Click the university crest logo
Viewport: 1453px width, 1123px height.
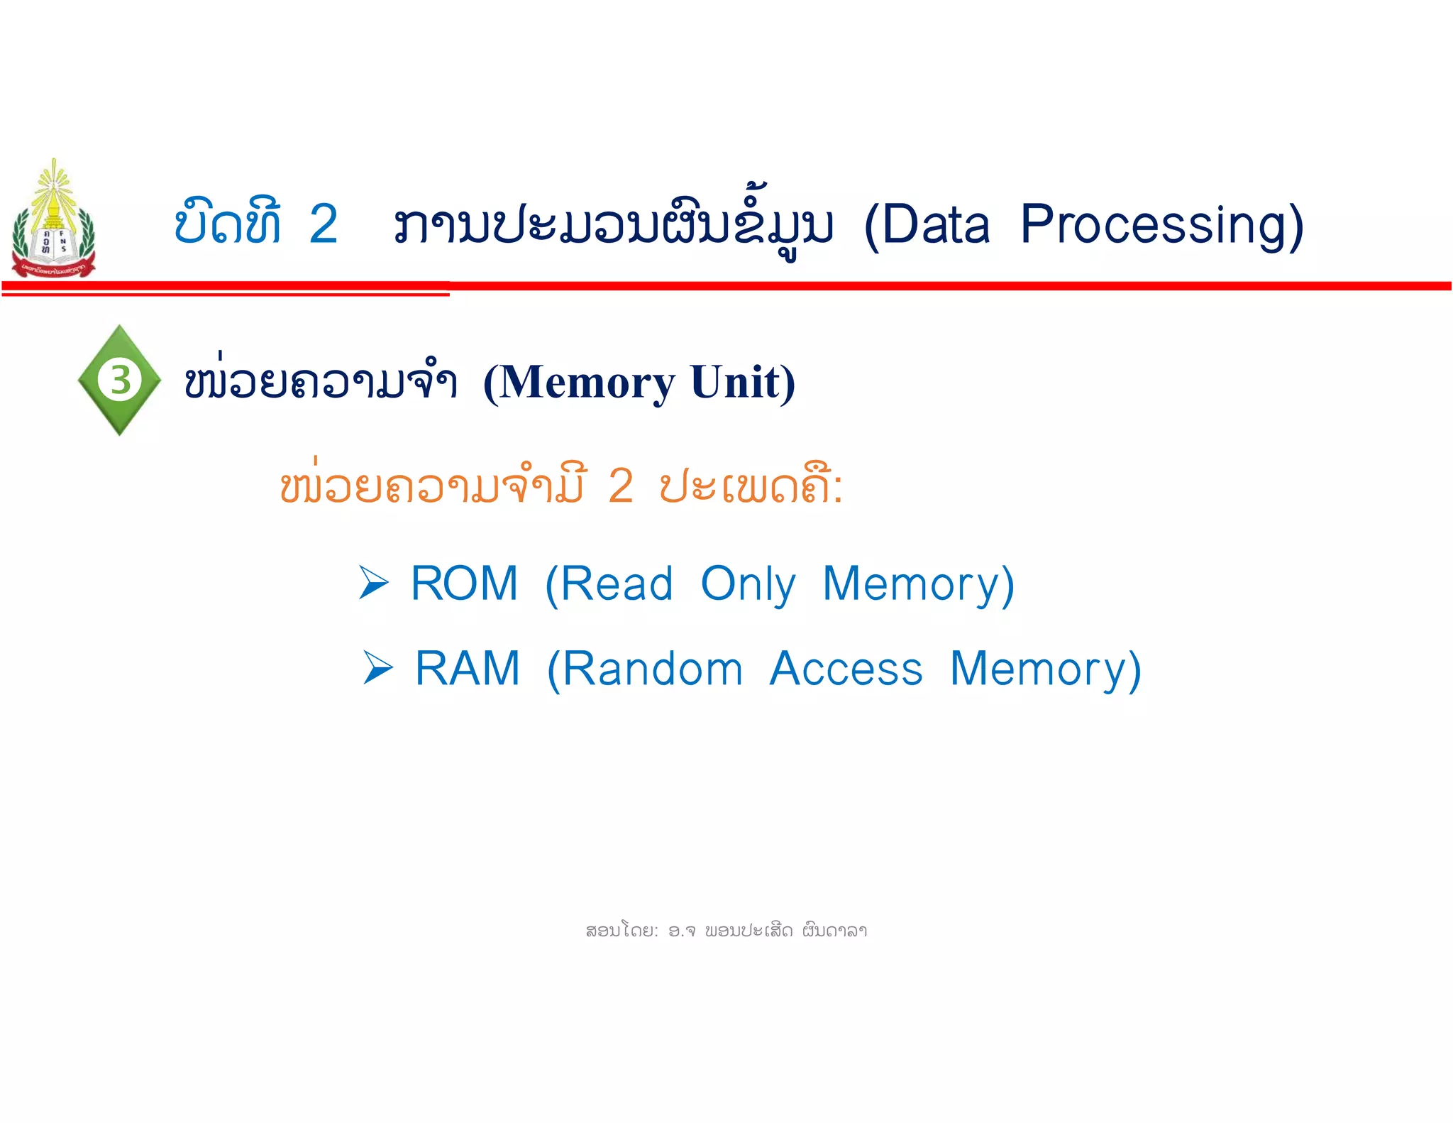coord(53,220)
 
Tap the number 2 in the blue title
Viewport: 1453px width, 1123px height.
coord(324,224)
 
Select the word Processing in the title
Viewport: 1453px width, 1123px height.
coord(1161,226)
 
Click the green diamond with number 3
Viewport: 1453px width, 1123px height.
coord(120,380)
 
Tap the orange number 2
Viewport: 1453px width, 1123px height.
coord(621,487)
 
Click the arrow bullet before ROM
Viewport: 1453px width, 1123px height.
coord(374,583)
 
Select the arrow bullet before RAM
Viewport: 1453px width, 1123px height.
coord(377,668)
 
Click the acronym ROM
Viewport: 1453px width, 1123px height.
coord(465,584)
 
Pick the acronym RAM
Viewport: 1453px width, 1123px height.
coord(468,669)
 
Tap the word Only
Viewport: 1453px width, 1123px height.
coord(748,585)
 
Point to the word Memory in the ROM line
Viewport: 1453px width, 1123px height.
coord(918,585)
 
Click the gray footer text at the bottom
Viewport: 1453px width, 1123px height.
coord(726,930)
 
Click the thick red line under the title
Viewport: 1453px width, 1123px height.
coord(922,286)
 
